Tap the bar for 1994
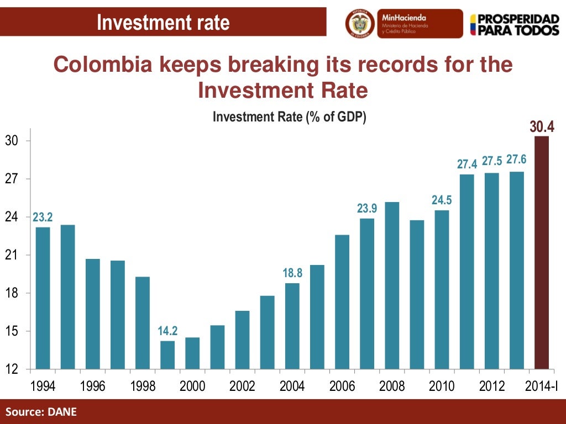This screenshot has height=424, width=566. pyautogui.click(x=43, y=298)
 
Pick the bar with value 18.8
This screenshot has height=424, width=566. pyautogui.click(x=292, y=326)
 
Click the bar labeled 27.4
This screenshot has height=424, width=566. pyautogui.click(x=467, y=271)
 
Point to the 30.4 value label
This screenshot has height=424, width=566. pyautogui.click(x=542, y=127)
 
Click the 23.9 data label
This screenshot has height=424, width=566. pyautogui.click(x=367, y=208)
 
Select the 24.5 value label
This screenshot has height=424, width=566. pyautogui.click(x=442, y=200)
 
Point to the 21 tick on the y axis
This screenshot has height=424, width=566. pyautogui.click(x=12, y=255)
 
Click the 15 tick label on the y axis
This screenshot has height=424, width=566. pyautogui.click(x=12, y=331)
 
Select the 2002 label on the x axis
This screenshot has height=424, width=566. pyautogui.click(x=242, y=386)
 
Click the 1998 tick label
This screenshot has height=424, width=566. pyautogui.click(x=142, y=386)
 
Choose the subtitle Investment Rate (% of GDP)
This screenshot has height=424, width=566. pyautogui.click(x=290, y=117)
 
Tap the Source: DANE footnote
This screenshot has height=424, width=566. pyautogui.click(x=41, y=411)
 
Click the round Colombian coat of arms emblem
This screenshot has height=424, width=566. pyautogui.click(x=360, y=23)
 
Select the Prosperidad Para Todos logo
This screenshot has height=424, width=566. pyautogui.click(x=514, y=24)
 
